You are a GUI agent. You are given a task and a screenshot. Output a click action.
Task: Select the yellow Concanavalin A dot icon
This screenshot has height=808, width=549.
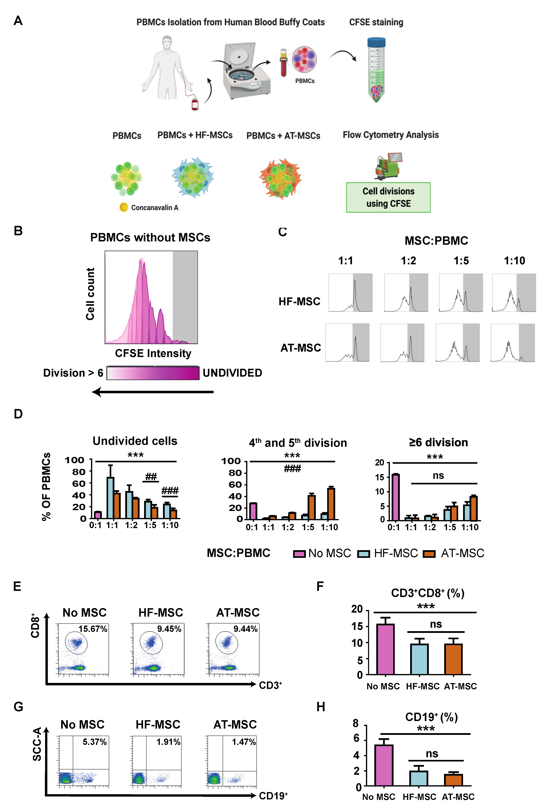click(123, 208)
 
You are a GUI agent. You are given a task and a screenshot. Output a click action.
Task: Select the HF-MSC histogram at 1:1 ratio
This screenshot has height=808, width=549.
click(350, 293)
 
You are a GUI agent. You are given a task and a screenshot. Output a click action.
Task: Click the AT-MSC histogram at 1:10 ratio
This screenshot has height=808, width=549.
click(512, 343)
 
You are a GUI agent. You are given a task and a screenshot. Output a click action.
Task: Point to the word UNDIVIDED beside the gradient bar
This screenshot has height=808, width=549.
click(232, 373)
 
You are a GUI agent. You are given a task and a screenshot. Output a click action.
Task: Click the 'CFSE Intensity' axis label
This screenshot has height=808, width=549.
click(153, 353)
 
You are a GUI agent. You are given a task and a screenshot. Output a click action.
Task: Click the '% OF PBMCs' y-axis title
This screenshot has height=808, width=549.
click(46, 487)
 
